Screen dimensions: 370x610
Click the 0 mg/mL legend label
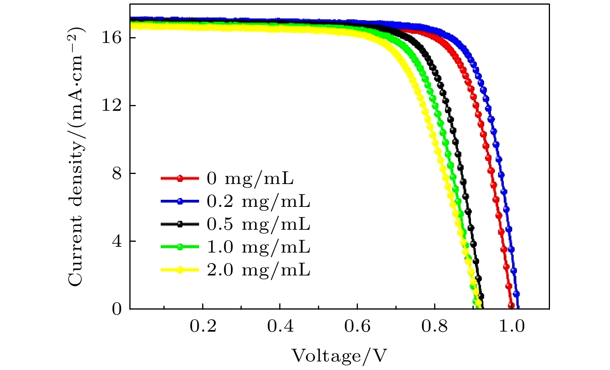pos(250,179)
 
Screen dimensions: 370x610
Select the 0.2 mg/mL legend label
pos(258,201)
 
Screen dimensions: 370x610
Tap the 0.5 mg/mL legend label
pos(258,224)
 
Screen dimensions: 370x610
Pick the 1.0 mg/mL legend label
pos(258,247)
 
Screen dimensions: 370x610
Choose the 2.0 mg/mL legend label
pos(258,270)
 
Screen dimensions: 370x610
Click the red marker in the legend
pos(180,179)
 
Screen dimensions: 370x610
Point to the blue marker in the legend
pos(180,201)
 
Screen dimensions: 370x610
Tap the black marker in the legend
pos(180,224)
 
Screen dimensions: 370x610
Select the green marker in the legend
pos(180,247)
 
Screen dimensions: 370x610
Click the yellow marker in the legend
pos(180,270)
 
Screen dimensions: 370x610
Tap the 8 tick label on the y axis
pos(117,173)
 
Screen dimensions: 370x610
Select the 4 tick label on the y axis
pos(117,241)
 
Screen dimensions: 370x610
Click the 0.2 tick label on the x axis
pos(203,327)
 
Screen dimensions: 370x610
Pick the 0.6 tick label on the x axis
pos(357,327)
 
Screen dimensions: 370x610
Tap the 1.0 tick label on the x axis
pos(512,327)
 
